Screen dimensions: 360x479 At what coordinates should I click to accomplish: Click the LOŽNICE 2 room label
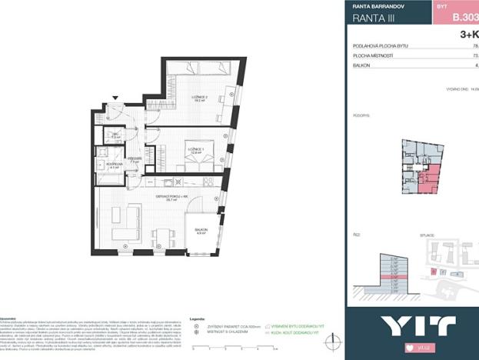coord(201,98)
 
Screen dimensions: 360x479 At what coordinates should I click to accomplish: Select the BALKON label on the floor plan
coord(201,230)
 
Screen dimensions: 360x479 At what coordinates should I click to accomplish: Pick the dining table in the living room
coord(161,236)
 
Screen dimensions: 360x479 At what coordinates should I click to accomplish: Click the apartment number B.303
coord(464,15)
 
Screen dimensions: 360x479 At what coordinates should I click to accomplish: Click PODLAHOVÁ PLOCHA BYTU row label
coord(381,46)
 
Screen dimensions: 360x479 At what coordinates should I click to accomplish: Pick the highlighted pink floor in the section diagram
coord(388,276)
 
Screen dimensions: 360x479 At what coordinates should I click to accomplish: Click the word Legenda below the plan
coord(197,318)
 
